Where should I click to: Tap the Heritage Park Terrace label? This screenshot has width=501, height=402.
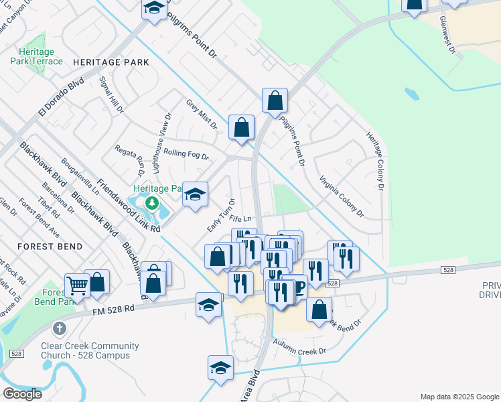36,56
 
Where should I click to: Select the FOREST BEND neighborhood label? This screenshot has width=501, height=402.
50,247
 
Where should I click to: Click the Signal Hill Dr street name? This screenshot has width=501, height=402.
111,94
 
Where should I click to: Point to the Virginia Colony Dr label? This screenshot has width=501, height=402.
341,197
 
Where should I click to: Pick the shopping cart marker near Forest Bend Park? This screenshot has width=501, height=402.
77,285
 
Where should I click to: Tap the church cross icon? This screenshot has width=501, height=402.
60,328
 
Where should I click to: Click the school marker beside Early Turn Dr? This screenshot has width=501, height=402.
196,194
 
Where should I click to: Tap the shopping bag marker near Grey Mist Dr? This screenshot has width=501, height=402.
242,127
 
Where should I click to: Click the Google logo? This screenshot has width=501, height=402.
22,393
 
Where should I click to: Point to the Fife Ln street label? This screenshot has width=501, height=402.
239,218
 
